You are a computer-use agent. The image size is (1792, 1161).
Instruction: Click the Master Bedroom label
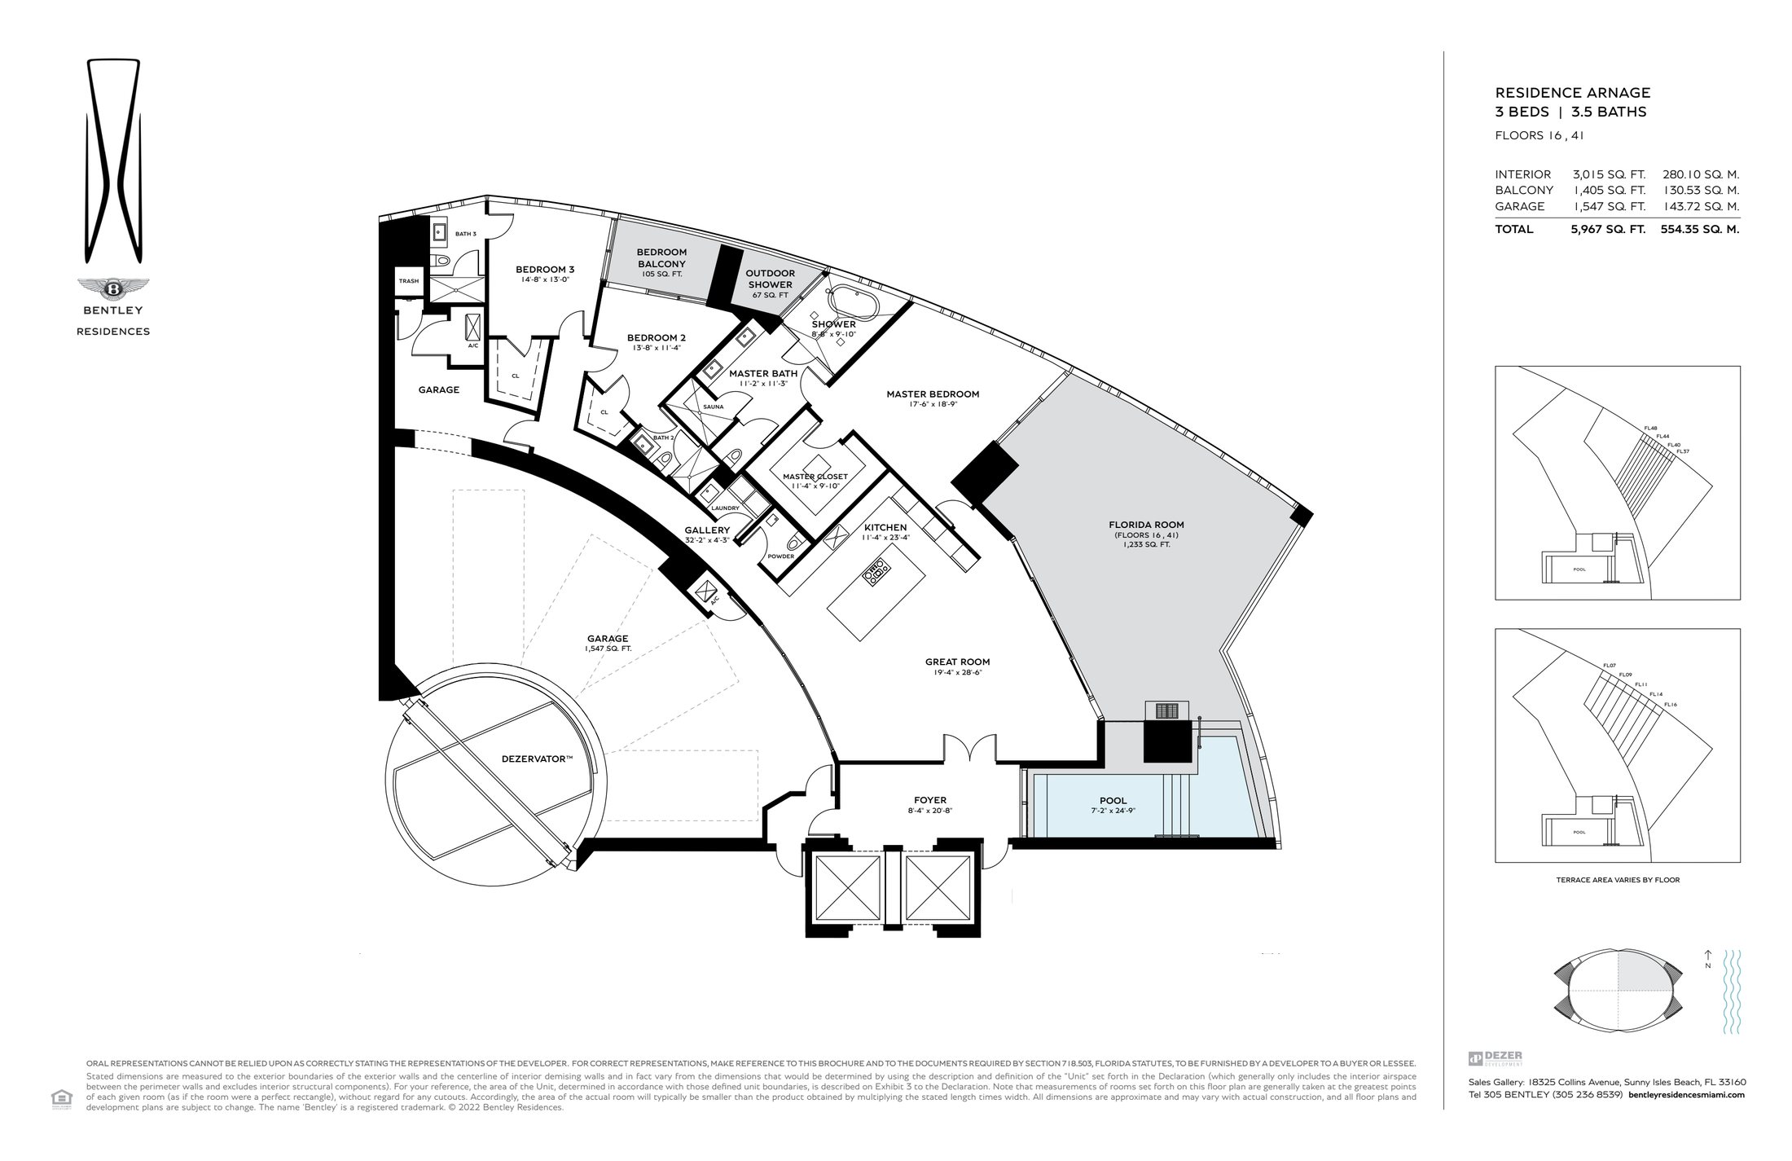tap(933, 394)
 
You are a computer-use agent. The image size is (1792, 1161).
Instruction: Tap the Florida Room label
tap(1146, 525)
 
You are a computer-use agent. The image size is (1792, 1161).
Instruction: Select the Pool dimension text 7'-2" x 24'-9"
tap(1113, 811)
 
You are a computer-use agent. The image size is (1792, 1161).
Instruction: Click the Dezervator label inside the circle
tap(537, 759)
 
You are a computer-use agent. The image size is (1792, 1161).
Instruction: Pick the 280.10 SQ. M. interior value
tap(1699, 174)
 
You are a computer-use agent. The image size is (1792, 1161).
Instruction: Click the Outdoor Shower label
tap(771, 279)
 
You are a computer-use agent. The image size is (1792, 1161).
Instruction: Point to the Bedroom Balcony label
tap(661, 258)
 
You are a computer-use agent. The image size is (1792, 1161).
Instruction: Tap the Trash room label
tap(408, 281)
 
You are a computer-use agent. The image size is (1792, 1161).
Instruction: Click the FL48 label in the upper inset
tap(1651, 429)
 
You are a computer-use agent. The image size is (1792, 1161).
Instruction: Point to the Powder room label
tap(780, 556)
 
